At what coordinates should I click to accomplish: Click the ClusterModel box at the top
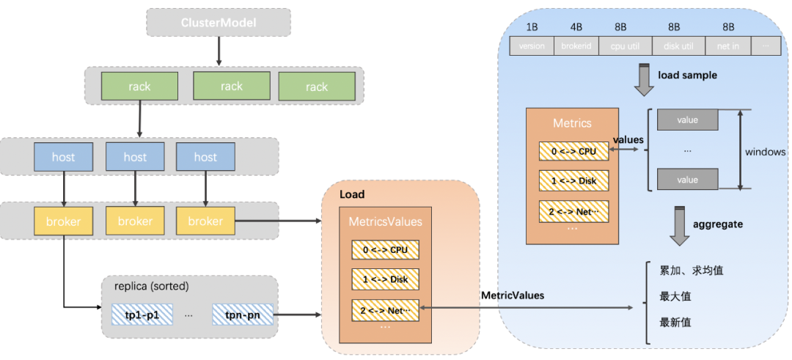(x=219, y=23)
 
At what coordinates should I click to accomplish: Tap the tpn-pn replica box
(x=243, y=315)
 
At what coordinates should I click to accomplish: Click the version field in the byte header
(x=532, y=45)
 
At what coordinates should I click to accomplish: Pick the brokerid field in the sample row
(x=576, y=45)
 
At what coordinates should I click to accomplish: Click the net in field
(x=728, y=45)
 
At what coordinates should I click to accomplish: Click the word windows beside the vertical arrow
(x=765, y=152)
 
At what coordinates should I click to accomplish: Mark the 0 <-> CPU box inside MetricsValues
(x=384, y=249)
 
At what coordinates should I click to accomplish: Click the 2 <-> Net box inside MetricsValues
(x=384, y=310)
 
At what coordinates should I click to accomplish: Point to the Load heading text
(x=352, y=194)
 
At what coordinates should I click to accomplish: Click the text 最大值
(x=675, y=296)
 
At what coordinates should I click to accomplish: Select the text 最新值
(x=675, y=322)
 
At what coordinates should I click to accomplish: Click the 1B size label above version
(x=532, y=27)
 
